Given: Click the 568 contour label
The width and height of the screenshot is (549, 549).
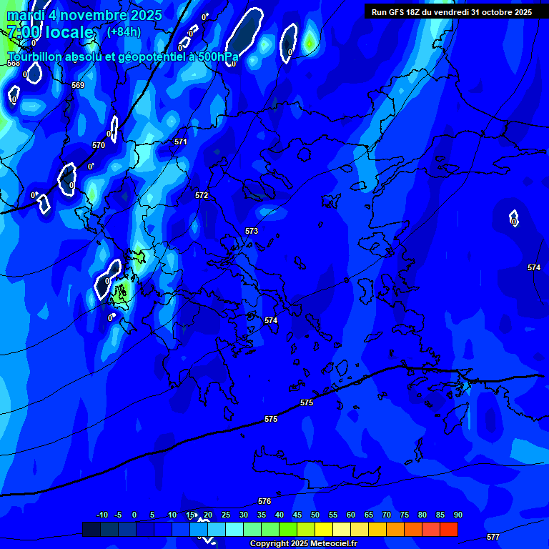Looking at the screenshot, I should pos(13,64).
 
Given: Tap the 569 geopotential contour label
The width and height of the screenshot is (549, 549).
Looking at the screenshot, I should pos(78,85).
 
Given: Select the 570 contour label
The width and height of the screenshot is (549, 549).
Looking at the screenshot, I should pos(99,145).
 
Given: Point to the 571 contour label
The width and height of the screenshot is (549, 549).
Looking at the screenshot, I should pos(181,142).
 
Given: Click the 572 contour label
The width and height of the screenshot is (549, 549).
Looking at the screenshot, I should pos(202,195).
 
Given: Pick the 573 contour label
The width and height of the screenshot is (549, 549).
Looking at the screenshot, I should pos(252,231).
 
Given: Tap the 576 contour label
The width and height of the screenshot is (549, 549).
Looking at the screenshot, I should pos(264,501).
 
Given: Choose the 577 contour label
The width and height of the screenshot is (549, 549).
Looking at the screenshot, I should pos(493,536).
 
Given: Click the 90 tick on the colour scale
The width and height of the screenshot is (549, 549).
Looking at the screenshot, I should pos(458,515).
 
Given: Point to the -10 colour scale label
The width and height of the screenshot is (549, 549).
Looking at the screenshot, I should pos(102,515).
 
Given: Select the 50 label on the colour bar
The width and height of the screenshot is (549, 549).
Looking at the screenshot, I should pos(315,515).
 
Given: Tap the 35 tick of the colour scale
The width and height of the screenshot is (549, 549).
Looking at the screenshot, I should pos(262,515).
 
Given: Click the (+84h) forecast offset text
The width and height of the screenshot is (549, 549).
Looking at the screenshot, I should pos(124,31).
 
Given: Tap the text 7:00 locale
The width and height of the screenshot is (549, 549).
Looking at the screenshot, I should pos(50,32).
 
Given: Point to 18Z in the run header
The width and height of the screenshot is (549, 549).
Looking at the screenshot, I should pos(415,12).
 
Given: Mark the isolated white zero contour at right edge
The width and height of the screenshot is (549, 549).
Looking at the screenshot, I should pos(513,218).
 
